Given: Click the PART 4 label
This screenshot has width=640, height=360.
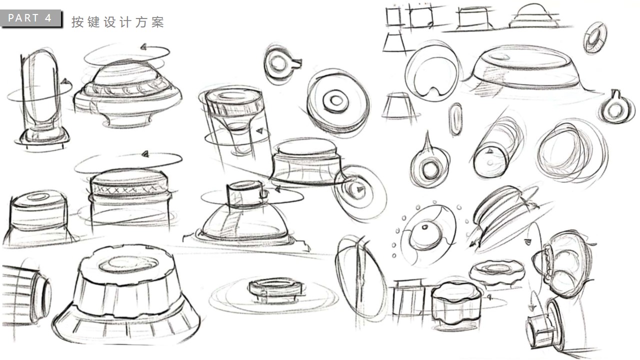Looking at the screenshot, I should coord(30,18).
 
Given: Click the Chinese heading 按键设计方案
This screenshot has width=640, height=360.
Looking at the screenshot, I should coord(117,22).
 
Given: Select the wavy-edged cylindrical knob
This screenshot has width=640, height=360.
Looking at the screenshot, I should coord(455,302).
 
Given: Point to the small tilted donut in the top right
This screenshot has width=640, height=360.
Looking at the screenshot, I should coord(595,37).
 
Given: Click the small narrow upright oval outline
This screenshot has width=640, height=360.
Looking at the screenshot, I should coord(455,119).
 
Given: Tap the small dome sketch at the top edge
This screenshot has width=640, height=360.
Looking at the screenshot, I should coord(533,17).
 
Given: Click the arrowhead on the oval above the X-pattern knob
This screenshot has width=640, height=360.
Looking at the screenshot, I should coord(145,154).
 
